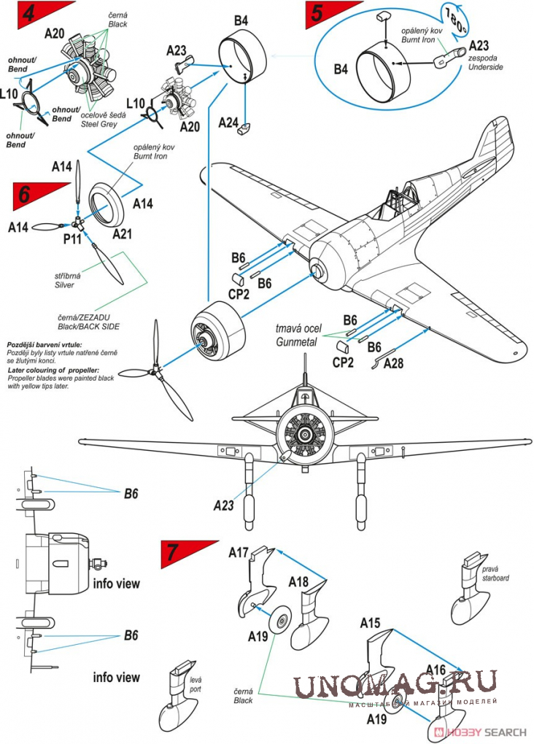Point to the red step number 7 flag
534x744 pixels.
coord(175,554)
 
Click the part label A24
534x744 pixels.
coord(229,123)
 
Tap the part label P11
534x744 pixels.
coord(72,239)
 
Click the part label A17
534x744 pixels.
coord(239,552)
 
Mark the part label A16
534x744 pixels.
coord(436,670)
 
